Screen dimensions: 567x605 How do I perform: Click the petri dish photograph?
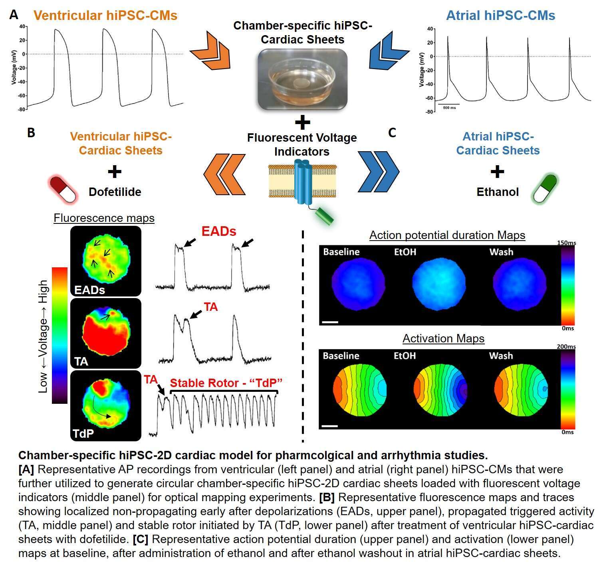coord(302,79)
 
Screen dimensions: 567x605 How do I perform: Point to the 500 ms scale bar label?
coord(449,108)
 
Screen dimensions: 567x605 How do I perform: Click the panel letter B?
coord(31,132)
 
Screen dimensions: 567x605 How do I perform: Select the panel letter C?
coord(392,132)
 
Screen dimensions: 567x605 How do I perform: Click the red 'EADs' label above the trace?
coord(219,231)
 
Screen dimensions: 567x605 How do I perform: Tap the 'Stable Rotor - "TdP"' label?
coord(226,383)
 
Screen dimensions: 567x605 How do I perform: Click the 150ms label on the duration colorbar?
coord(567,243)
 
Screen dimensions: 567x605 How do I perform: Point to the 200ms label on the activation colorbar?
coord(566,346)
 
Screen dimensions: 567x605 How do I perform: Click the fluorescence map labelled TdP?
coord(106,406)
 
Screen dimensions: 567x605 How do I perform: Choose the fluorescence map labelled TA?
coord(106,333)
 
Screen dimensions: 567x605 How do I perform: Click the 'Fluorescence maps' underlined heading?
coord(104,218)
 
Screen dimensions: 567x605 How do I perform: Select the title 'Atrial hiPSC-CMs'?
coord(500,16)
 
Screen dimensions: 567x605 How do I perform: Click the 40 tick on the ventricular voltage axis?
coord(22,26)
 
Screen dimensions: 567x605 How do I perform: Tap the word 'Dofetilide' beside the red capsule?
coord(115,192)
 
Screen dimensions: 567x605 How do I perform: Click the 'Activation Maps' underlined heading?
coord(443,338)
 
